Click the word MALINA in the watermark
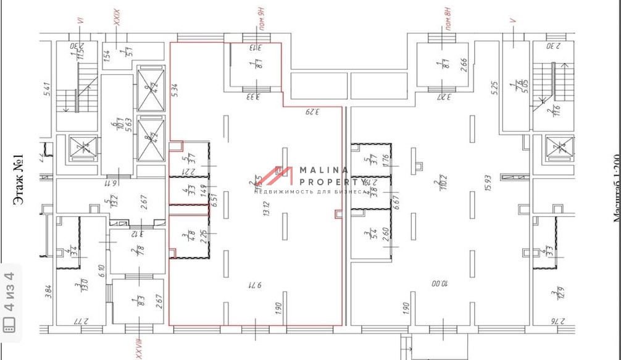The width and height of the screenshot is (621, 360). [324, 170]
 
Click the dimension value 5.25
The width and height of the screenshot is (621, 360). [494, 88]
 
